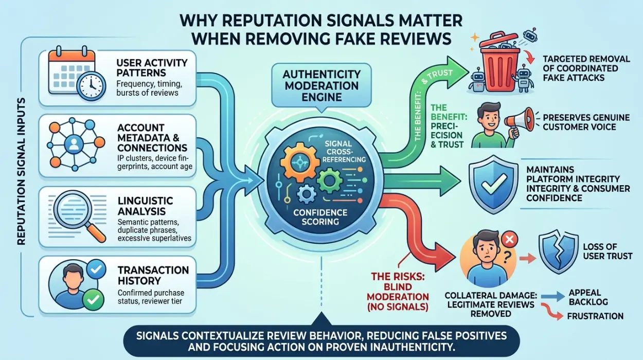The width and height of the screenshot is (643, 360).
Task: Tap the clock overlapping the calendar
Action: pyautogui.click(x=91, y=86)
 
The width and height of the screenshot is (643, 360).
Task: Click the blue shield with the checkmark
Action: pyautogui.click(x=493, y=184)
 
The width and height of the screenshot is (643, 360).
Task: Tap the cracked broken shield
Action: pyautogui.click(x=558, y=250)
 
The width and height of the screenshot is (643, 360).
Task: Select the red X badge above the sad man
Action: pyautogui.click(x=510, y=240)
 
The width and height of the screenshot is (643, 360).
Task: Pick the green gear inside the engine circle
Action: pyautogui.click(x=330, y=181)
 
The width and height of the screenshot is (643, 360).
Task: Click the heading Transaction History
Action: pyautogui.click(x=153, y=275)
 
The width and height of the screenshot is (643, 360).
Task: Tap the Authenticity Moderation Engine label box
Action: pyautogui.click(x=321, y=85)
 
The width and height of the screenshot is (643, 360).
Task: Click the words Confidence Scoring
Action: pyautogui.click(x=320, y=217)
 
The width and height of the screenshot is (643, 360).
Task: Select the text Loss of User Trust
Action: pyautogui.click(x=608, y=251)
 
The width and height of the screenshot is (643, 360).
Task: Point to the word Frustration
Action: pyautogui.click(x=595, y=316)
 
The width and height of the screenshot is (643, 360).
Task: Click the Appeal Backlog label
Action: pyautogui.click(x=588, y=297)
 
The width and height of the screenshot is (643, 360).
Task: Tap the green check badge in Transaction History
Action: pyautogui.click(x=93, y=300)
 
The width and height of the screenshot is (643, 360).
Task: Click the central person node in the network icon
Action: pyautogui.click(x=74, y=144)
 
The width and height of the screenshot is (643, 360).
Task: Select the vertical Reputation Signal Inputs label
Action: pyautogui.click(x=21, y=171)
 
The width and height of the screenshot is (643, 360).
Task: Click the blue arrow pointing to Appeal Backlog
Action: pyautogui.click(x=552, y=296)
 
